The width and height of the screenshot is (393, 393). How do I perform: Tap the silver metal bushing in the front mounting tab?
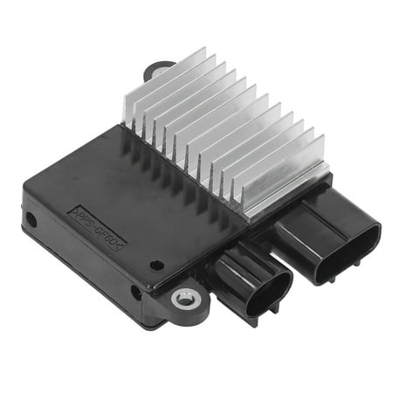[x=185, y=299]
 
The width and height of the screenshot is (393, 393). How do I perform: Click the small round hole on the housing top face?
[x=155, y=265]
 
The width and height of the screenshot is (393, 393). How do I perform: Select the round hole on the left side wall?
[x=31, y=219]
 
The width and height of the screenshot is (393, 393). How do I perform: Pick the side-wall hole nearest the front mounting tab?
[x=135, y=293]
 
